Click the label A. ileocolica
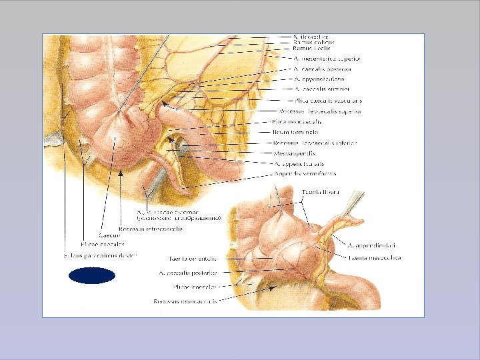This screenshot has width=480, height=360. click(311, 37)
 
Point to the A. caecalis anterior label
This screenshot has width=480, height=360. click(321, 89)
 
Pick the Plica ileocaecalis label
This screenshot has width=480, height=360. click(297, 121)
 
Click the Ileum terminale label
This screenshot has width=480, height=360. click(295, 132)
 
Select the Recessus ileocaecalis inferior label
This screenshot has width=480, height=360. click(315, 143)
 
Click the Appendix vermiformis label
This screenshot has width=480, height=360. click(305, 173)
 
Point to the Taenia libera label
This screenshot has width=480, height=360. click(321, 192)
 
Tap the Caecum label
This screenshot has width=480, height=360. click(109, 235)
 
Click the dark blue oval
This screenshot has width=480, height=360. click(92, 275)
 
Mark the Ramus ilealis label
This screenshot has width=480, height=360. click(307, 49)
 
